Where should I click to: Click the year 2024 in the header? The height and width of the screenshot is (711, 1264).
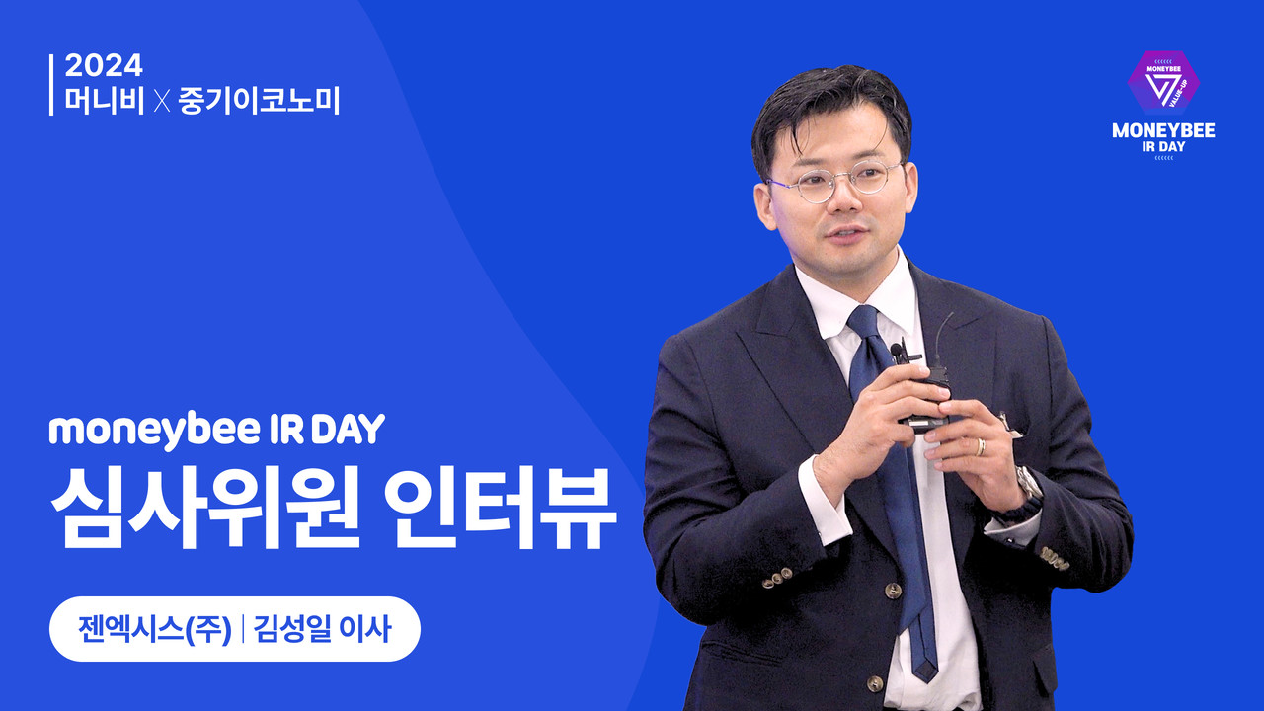coord(104,65)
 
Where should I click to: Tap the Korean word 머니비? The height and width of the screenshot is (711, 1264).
coord(105,101)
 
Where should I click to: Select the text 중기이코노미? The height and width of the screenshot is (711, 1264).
coord(259,101)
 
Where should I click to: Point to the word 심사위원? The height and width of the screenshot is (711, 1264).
coord(204,507)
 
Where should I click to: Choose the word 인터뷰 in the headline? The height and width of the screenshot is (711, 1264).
coord(500,507)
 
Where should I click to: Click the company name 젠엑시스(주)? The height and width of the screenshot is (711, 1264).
coord(155,629)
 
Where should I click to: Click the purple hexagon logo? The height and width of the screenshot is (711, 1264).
coord(1163,82)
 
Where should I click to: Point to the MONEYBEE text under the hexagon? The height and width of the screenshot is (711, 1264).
coord(1163,131)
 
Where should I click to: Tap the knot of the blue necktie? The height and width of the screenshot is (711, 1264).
coord(864,323)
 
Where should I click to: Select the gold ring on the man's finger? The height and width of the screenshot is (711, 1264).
coord(981,447)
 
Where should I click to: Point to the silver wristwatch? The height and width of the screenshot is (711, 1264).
coord(1030,485)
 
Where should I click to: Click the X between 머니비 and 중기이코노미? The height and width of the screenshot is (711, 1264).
coord(162,102)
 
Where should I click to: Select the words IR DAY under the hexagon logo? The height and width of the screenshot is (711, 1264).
coord(1163,147)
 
